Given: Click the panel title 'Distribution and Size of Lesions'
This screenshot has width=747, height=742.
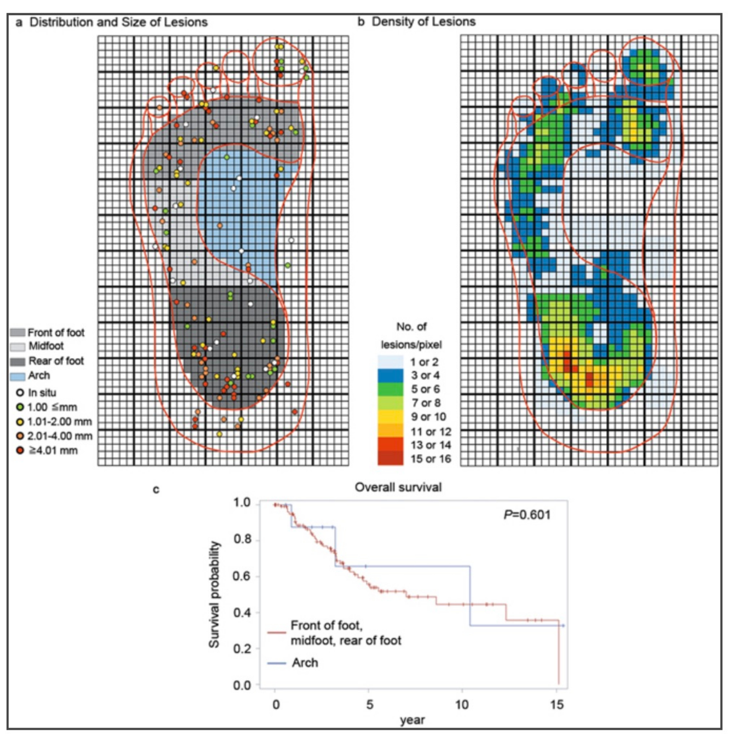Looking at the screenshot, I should tap(118, 22).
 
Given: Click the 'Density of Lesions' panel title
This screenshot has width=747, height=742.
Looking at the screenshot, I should tap(423, 22).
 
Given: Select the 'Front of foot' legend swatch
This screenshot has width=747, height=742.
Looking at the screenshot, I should tap(18, 333).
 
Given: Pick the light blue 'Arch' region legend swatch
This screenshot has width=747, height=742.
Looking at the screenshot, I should tap(18, 376).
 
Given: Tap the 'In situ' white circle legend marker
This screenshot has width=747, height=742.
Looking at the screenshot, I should tap(20, 393).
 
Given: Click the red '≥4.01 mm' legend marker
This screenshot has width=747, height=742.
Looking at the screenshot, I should tap(20, 451).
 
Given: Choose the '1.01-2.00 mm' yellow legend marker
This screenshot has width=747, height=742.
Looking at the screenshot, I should tap(20, 422).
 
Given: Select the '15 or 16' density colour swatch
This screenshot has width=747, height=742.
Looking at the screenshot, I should tap(390, 458).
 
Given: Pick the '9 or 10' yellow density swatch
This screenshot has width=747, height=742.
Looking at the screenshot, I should tap(390, 417).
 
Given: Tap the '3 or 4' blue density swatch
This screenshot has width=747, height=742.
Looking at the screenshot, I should tap(390, 375).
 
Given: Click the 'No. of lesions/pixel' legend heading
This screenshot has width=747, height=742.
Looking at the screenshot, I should tap(411, 336).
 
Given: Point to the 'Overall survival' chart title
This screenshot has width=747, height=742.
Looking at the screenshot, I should tap(398, 488).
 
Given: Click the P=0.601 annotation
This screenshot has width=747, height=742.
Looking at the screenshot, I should tap(527, 515).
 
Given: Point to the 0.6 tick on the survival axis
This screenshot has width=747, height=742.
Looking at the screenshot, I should tap(242, 576).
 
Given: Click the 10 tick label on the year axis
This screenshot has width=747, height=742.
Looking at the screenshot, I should tap(462, 705).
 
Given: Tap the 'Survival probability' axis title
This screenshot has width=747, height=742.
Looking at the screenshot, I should tap(214, 594).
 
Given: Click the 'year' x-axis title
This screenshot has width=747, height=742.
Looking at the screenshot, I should tap(412, 720).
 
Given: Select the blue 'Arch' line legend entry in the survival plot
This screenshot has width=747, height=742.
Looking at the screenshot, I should tap(304, 663).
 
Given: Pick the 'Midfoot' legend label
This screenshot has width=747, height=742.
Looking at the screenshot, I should tap(46, 346).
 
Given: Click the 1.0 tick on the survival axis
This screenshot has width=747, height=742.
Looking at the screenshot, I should tap(242, 503).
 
